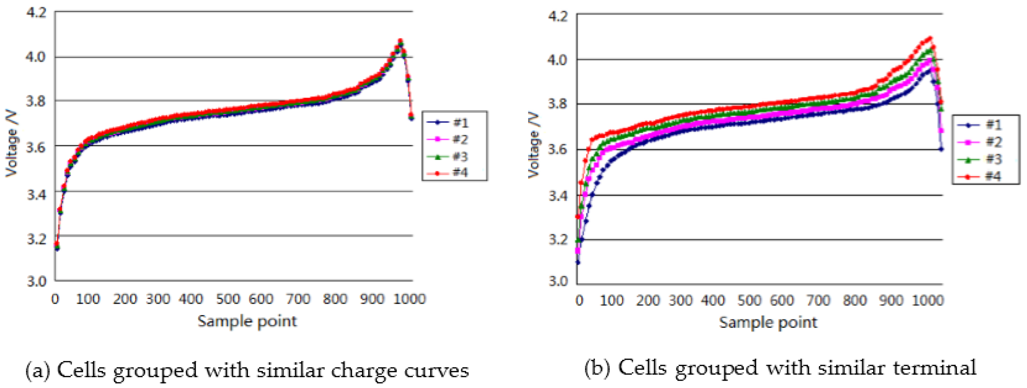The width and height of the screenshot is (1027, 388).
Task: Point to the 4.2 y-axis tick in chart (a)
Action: (36, 12)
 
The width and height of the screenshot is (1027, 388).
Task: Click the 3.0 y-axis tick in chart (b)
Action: (558, 281)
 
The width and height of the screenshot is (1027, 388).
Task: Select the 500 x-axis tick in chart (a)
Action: (228, 299)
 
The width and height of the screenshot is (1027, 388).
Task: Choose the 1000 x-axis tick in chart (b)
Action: (927, 300)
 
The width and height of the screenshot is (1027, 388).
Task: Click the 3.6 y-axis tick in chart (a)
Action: (36, 146)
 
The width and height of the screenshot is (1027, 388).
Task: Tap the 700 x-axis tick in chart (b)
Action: (818, 300)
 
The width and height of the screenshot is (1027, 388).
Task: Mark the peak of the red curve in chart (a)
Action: (400, 41)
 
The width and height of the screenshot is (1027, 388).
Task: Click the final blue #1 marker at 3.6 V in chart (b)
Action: (941, 149)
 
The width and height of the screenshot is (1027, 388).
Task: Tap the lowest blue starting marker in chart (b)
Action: (578, 262)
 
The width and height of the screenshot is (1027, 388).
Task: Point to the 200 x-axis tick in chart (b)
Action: (648, 300)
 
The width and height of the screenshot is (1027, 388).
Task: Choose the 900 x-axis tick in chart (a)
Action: (371, 299)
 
